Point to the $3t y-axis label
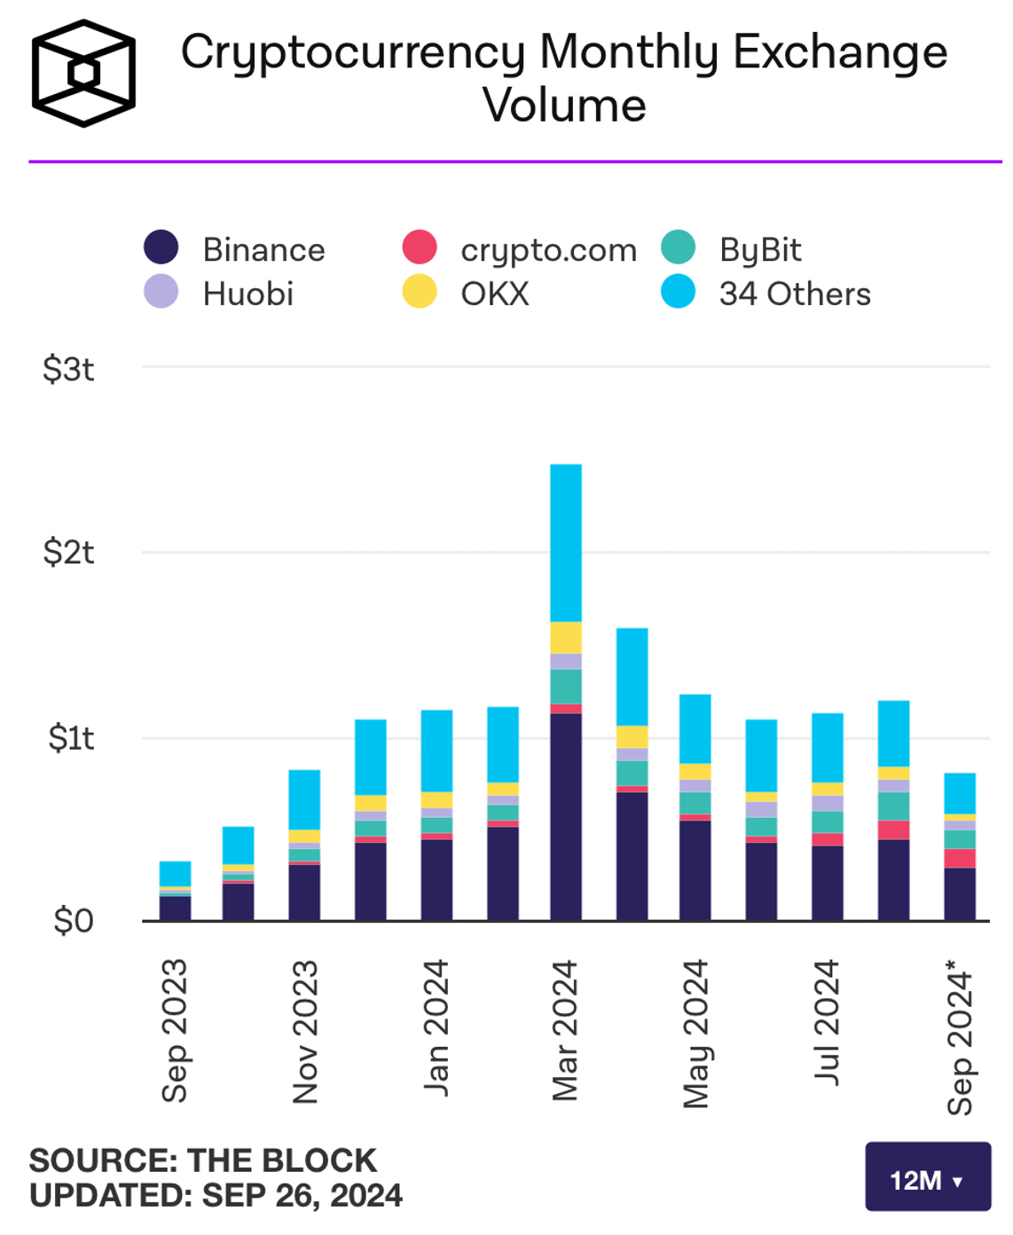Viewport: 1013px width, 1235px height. (68, 369)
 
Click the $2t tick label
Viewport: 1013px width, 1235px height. (68, 553)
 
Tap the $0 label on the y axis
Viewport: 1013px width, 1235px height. (73, 921)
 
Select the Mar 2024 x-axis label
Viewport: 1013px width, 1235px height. (565, 1030)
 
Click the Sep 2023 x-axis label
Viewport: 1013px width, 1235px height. (175, 1030)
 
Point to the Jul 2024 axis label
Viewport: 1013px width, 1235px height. (827, 1021)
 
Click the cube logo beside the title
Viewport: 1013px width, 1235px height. (83, 73)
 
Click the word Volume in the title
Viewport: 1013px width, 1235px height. (564, 106)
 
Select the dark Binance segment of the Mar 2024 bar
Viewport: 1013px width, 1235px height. (566, 816)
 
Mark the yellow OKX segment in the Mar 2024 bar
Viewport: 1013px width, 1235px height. (566, 638)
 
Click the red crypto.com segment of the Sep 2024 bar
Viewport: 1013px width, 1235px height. (960, 858)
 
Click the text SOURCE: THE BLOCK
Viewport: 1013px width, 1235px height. (203, 1160)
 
